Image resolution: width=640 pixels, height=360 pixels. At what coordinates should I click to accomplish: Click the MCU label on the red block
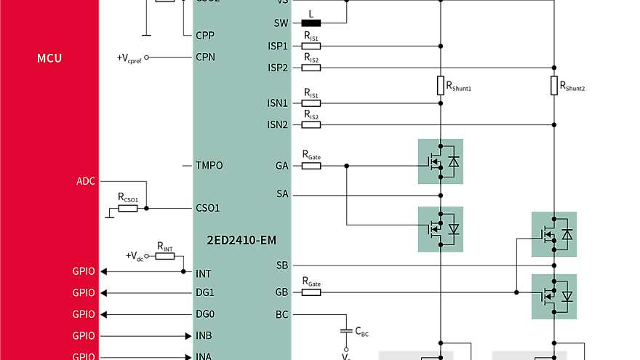point(49,58)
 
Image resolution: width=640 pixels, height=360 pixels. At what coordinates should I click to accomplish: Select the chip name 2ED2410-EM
point(241,240)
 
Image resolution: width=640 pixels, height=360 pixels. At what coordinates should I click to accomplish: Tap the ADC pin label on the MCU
point(85,180)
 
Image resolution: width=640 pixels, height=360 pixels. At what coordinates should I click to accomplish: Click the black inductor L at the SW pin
point(311,23)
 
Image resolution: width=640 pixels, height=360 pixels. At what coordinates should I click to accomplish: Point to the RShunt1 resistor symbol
point(440,85)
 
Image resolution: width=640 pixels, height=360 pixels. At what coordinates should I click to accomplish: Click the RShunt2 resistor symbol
point(553,85)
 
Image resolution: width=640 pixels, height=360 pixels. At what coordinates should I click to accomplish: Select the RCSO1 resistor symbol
point(128,208)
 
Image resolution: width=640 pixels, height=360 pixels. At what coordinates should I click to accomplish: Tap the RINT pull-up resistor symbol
point(165,256)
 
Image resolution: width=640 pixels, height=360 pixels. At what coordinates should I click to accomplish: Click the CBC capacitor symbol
point(346,331)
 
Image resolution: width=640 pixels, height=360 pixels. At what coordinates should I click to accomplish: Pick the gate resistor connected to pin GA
point(311,166)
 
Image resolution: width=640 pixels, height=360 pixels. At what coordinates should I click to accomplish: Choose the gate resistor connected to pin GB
point(311,292)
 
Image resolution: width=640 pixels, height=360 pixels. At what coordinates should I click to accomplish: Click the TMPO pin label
point(209,166)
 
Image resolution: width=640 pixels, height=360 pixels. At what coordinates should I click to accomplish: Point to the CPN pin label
point(205,57)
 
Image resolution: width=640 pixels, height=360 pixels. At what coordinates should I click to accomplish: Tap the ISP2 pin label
point(278,68)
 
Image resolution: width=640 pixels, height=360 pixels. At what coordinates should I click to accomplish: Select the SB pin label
point(282,265)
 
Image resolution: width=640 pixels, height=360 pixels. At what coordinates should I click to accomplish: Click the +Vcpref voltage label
point(129,57)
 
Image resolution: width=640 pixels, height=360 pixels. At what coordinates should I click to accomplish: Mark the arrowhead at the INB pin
point(188,336)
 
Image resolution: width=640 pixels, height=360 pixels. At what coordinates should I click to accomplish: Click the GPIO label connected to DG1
point(84,293)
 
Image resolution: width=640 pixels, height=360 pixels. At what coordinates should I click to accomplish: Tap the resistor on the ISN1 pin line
point(311,103)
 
